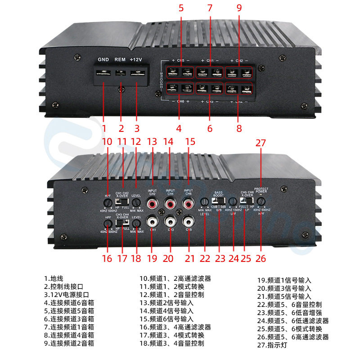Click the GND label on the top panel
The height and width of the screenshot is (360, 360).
(x=103, y=59)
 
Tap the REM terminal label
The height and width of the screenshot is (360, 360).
(x=120, y=59)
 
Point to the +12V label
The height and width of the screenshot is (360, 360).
(x=136, y=59)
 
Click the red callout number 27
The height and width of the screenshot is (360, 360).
(x=261, y=143)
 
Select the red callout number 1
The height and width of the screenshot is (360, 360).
(x=104, y=128)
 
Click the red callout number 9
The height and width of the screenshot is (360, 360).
(x=239, y=8)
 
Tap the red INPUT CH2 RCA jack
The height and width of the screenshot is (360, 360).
(x=152, y=205)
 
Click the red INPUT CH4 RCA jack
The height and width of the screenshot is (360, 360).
(x=170, y=205)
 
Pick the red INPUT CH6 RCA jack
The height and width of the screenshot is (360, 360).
(x=188, y=205)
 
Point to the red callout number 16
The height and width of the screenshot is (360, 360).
(x=107, y=258)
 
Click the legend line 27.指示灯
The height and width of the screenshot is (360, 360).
(x=272, y=346)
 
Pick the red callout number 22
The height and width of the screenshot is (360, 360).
(x=205, y=258)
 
